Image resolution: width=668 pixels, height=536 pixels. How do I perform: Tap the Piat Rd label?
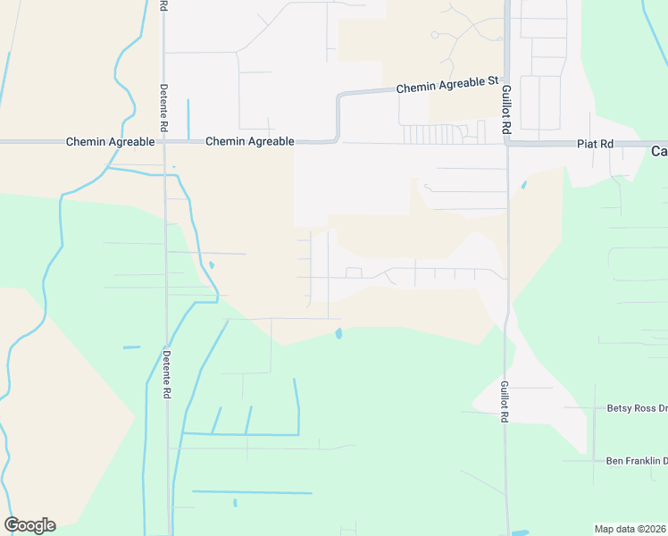[x=595, y=143]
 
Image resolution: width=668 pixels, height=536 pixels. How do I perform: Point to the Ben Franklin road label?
[x=636, y=461]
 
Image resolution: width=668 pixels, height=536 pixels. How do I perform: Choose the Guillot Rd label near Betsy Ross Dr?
[x=505, y=401]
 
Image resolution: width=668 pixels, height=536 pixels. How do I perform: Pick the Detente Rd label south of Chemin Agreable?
[x=166, y=373]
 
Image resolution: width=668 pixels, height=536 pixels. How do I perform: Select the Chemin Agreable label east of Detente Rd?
[x=250, y=141]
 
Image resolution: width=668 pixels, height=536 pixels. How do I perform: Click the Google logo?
[x=29, y=525]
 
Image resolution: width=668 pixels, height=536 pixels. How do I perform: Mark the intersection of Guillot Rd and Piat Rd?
[x=506, y=143]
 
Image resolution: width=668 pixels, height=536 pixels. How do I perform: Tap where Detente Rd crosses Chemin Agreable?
[x=164, y=142]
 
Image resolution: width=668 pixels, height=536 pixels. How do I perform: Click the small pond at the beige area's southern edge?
[x=338, y=334]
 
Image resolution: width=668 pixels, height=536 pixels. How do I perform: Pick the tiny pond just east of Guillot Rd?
[x=523, y=186]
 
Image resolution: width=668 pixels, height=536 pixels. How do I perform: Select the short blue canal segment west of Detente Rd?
[x=131, y=347]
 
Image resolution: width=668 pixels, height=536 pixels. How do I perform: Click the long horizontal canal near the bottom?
[x=252, y=492]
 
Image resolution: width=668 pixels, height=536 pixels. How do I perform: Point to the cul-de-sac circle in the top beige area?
[x=434, y=35]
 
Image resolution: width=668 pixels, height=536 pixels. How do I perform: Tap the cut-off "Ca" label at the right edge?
[x=658, y=151]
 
